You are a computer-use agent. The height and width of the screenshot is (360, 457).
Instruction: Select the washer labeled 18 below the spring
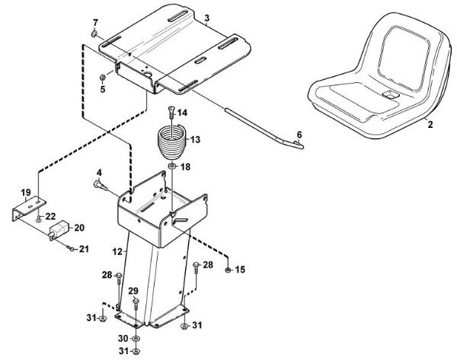coord(174,167)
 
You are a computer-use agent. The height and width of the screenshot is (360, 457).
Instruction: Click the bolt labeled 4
coord(101,183)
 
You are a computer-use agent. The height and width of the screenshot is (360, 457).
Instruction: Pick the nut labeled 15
coord(229,269)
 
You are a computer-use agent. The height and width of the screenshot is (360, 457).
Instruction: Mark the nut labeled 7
coord(93,34)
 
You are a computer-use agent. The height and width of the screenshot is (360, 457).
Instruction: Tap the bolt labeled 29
coord(135,304)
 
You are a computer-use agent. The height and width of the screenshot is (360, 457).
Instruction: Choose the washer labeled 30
coord(136,338)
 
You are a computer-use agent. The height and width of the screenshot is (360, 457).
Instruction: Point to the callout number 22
coord(51,217)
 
